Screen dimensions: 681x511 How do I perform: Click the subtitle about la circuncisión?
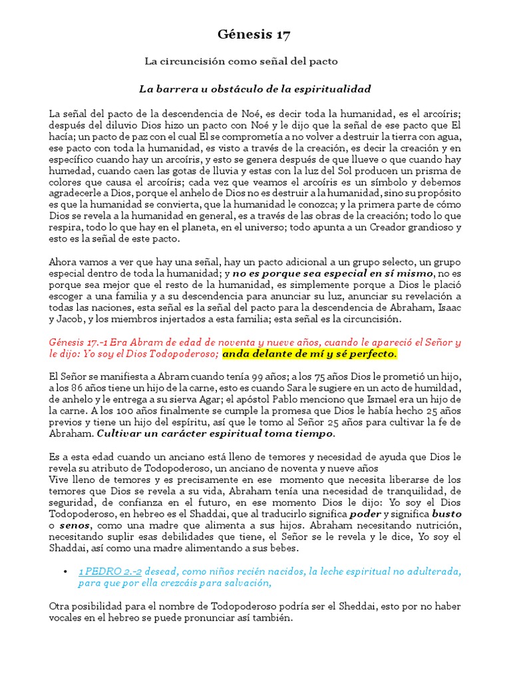[242, 61]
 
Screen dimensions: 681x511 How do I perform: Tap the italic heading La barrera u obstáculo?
[255, 88]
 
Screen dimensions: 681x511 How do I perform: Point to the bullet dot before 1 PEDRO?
[65, 571]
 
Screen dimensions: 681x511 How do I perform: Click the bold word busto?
[446, 514]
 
